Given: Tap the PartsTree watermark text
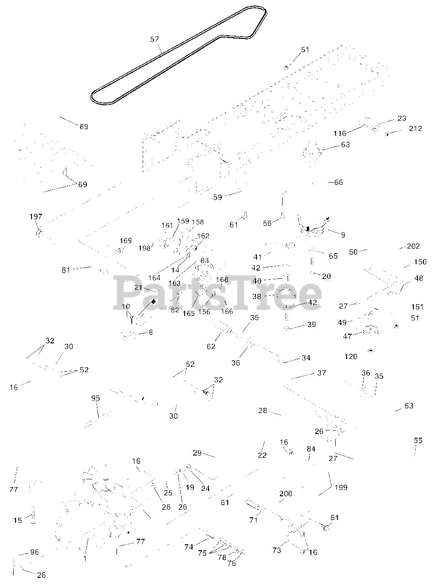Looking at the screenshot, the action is pos(218,291).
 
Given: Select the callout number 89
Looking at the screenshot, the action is pos(84,127).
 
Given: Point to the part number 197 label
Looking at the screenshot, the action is pos(36,217).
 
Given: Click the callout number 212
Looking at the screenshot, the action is pos(415,129).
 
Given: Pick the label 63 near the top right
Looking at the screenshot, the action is pos(345,145).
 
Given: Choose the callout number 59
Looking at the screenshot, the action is pos(218,197).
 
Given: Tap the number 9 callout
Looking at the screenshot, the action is pos(343,235).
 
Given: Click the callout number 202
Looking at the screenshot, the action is pos(413,246).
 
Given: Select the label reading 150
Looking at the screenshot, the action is pos(420,262).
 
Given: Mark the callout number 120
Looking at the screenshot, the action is pos(351,357).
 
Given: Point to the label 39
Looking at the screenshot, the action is pos(311,325).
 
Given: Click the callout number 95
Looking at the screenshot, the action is pos(95,399).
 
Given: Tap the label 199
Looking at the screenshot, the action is pos(341,487).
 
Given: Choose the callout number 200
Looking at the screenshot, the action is pos(286,494).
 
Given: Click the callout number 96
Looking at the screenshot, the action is pos(35,553).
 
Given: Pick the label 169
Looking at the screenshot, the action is pos(126,241).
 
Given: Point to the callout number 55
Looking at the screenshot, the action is pos(418,441).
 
